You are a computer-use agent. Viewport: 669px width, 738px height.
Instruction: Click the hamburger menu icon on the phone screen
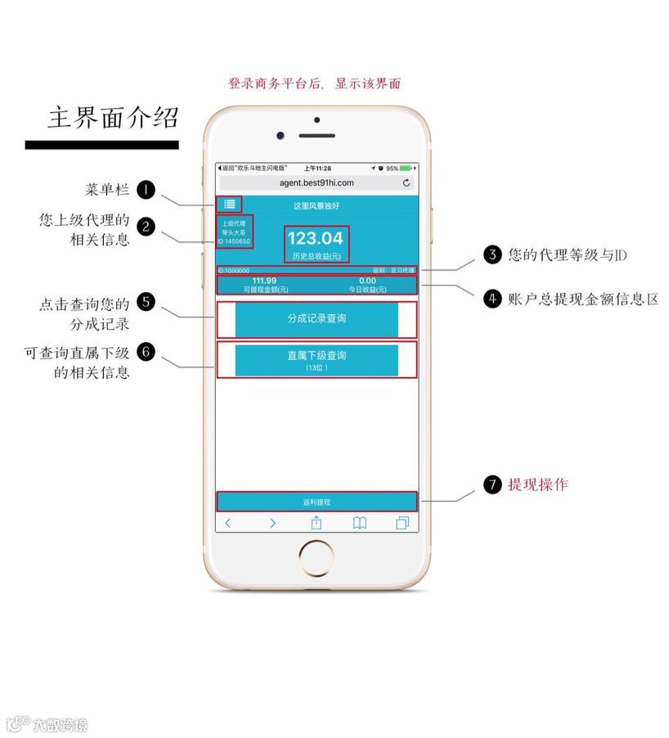230,205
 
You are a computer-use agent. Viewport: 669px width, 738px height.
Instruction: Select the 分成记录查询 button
317,319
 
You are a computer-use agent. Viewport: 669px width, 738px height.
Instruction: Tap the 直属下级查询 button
317,360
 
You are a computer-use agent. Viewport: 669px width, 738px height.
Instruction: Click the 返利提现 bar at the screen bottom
317,502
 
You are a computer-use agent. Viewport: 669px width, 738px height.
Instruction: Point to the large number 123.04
316,238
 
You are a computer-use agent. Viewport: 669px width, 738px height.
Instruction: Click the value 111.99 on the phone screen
264,281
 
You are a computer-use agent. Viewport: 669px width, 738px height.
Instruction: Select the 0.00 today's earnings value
367,281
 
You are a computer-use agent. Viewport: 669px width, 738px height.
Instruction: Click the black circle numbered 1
146,190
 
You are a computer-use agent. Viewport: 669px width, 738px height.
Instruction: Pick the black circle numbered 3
492,254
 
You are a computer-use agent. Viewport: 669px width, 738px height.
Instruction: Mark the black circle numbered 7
492,484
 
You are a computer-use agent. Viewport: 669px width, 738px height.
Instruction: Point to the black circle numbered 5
146,301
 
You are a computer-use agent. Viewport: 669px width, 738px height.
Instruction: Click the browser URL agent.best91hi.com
317,182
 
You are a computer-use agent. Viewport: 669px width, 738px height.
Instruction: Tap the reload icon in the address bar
406,182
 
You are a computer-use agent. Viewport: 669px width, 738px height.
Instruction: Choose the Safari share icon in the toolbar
316,523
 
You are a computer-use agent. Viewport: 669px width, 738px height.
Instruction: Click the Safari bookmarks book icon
359,524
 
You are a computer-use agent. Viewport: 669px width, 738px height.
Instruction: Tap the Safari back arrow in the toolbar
228,524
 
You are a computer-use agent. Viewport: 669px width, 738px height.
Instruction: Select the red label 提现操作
537,484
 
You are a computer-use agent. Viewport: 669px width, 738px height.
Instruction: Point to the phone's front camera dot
281,135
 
